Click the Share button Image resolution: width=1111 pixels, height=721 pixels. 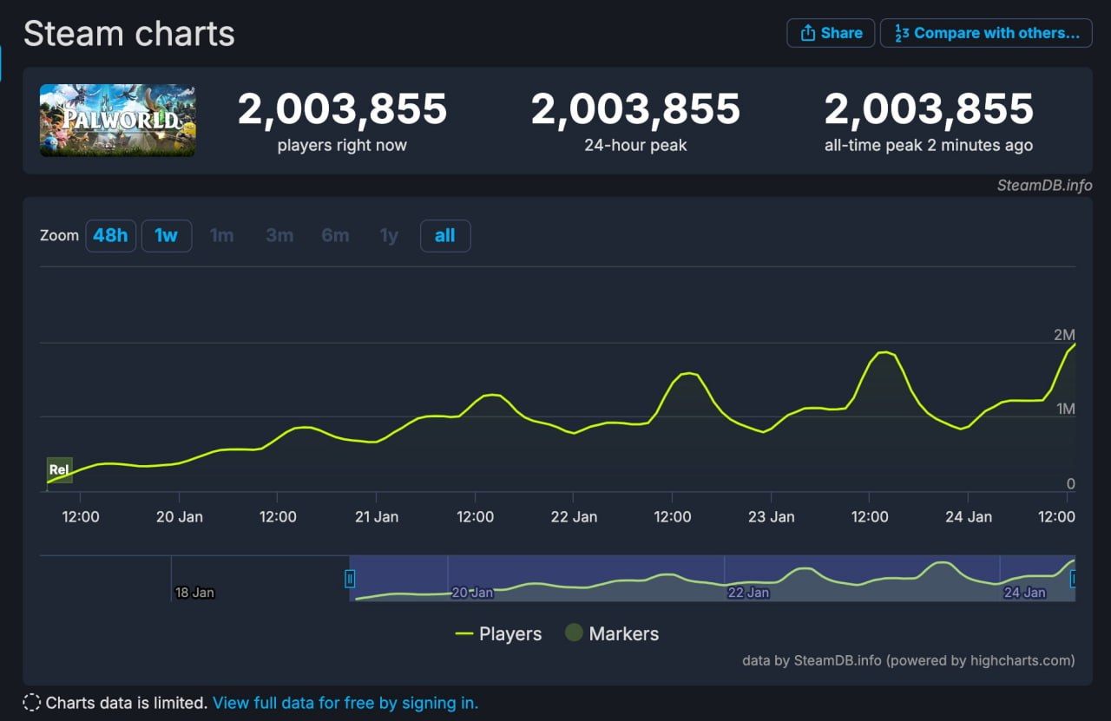(x=831, y=33)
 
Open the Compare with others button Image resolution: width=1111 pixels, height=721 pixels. (x=986, y=33)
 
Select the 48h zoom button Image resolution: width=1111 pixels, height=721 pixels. (x=110, y=235)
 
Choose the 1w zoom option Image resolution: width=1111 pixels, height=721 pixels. (x=166, y=235)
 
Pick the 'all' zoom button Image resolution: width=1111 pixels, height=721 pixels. (x=444, y=235)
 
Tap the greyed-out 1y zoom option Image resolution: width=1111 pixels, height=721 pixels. (x=389, y=235)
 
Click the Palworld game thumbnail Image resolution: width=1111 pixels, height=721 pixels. (x=118, y=121)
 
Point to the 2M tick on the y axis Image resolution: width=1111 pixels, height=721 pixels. (x=1064, y=335)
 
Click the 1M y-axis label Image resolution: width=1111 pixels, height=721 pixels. (x=1065, y=409)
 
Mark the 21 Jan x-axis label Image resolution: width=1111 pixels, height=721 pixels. (x=376, y=516)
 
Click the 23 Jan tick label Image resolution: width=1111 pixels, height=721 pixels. (x=771, y=516)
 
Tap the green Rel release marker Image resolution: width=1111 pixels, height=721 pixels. (x=59, y=469)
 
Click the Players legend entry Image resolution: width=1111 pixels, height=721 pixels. (x=499, y=634)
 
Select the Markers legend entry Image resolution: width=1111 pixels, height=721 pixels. (x=612, y=634)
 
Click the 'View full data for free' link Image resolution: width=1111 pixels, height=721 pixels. (x=345, y=703)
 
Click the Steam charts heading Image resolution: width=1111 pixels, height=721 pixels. (x=129, y=34)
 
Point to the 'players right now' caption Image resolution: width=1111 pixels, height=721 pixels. (x=342, y=145)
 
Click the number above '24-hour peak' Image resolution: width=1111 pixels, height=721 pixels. (x=635, y=109)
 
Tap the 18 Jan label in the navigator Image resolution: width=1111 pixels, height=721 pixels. (x=194, y=593)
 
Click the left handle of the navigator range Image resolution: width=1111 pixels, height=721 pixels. (x=350, y=578)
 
